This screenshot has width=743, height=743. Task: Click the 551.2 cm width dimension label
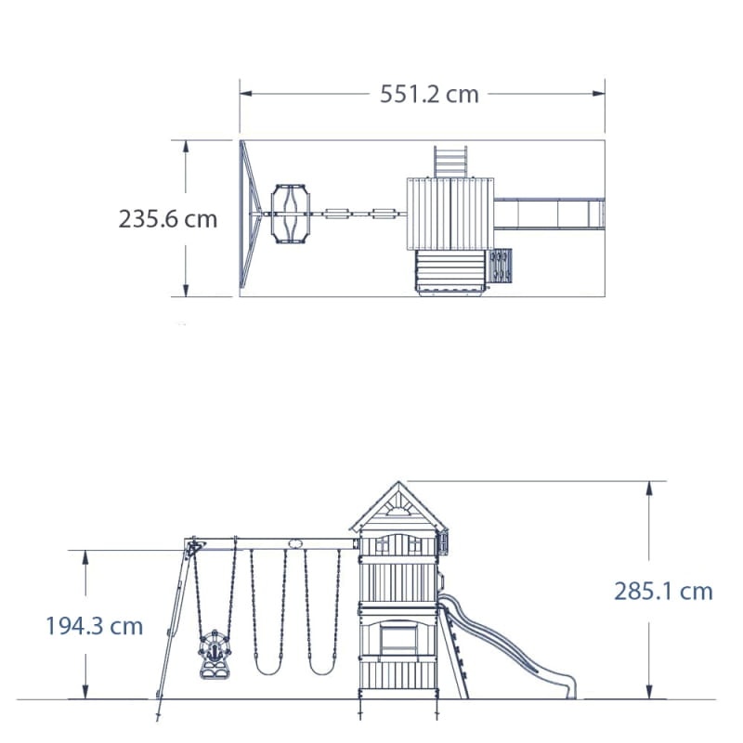click(429, 95)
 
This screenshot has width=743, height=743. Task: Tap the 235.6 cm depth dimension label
click(168, 219)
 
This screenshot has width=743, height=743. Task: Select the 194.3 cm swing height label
click(95, 626)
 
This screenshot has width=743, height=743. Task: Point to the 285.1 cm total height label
click(663, 592)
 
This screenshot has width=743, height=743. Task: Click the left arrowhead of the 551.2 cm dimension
click(245, 94)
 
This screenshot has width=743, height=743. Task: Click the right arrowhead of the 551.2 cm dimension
click(599, 94)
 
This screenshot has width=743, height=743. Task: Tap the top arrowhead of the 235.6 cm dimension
click(186, 147)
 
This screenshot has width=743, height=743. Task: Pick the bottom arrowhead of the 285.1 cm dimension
click(649, 692)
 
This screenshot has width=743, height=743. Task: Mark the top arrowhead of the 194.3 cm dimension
click(85, 556)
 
